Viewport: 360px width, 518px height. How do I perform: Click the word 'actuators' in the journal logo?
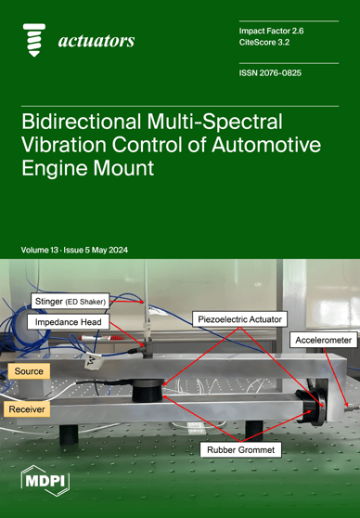96,41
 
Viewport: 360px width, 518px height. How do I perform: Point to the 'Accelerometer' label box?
322,341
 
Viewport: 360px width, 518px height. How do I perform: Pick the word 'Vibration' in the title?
77,148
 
